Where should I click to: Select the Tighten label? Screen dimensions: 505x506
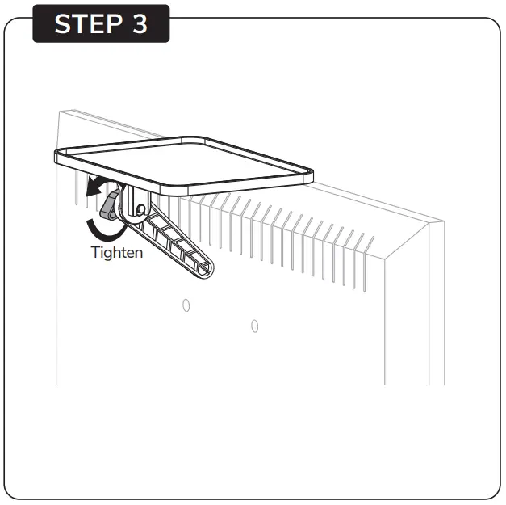click(x=117, y=252)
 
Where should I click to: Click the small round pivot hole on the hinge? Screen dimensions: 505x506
click(x=142, y=208)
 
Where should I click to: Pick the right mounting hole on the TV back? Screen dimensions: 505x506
click(x=255, y=326)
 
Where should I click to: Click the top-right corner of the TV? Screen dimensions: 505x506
click(x=442, y=221)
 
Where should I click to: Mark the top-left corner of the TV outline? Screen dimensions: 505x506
click(x=59, y=109)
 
